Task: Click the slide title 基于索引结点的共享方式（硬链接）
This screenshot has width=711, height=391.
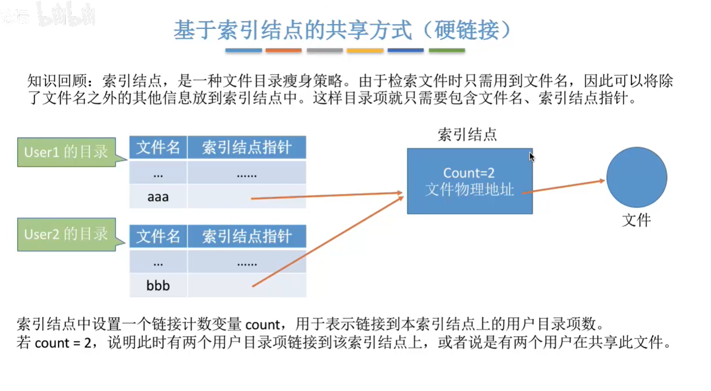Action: pos(342,30)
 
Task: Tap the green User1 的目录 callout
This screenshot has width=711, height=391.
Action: pos(66,152)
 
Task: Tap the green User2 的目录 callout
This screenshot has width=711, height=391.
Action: pos(66,234)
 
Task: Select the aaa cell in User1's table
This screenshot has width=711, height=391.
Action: pos(158,197)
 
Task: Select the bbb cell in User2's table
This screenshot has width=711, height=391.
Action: pos(158,286)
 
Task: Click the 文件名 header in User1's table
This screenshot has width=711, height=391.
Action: pos(158,147)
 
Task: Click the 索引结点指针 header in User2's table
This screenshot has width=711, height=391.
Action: pos(247,236)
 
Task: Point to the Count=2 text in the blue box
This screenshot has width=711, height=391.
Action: pos(469,172)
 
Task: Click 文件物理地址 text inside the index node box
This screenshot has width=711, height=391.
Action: pos(470,189)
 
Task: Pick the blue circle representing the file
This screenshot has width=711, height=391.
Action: pos(637,178)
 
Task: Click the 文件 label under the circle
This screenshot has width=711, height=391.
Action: pos(637,220)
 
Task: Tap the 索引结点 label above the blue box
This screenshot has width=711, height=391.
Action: pos(467,135)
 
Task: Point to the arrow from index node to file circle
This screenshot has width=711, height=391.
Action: pos(564,187)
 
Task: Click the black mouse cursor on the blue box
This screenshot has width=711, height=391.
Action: pos(532,157)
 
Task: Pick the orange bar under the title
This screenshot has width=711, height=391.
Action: pos(283,50)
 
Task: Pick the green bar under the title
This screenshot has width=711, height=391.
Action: pos(447,50)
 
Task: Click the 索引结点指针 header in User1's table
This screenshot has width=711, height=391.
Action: pos(247,147)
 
